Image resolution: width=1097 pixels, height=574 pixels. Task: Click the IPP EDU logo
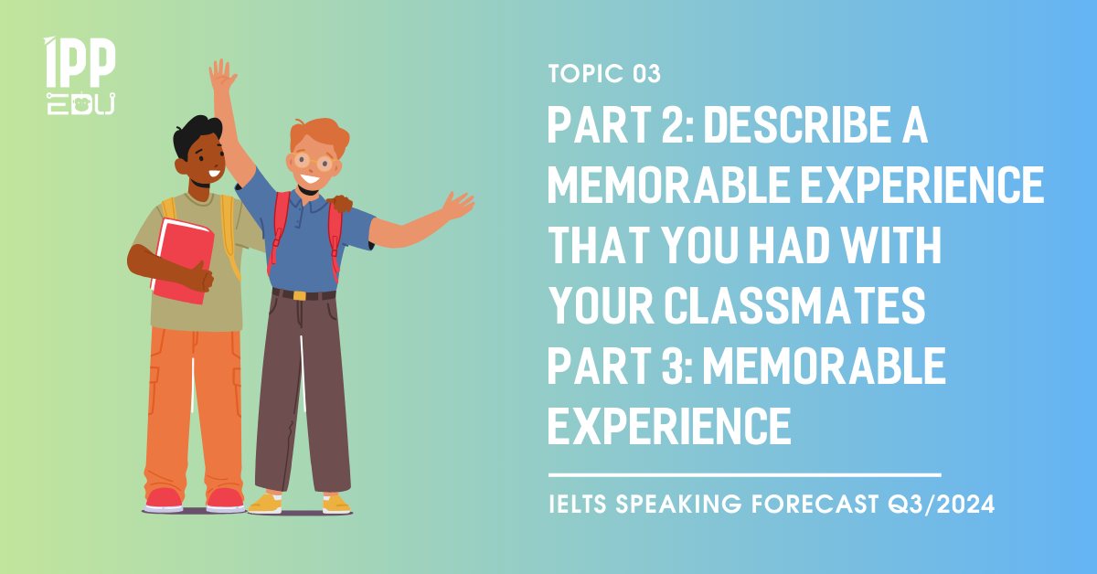pyautogui.click(x=80, y=76)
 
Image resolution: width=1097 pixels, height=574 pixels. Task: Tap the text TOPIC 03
pyautogui.click(x=604, y=74)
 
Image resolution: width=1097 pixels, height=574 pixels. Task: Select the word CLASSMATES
pyautogui.click(x=794, y=305)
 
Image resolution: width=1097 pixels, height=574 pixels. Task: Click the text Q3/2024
pyautogui.click(x=941, y=504)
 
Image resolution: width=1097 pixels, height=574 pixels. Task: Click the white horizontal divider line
pyautogui.click(x=744, y=474)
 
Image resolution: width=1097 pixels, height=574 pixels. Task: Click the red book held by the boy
pyautogui.click(x=182, y=261)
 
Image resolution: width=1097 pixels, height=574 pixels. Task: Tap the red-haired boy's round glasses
pyautogui.click(x=314, y=161)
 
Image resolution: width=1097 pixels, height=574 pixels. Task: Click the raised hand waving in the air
pyautogui.click(x=222, y=76)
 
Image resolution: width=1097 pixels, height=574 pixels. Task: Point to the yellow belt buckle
pyautogui.click(x=299, y=295)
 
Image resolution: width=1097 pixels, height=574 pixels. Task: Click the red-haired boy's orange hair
pyautogui.click(x=319, y=133)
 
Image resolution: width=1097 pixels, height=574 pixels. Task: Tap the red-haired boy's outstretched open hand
pyautogui.click(x=457, y=206)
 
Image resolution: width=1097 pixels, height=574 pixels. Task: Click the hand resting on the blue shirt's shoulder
pyautogui.click(x=339, y=203)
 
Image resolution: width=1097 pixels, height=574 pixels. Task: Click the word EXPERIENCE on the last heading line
pyautogui.click(x=669, y=426)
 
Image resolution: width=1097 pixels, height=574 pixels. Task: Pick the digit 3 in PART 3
pyautogui.click(x=674, y=366)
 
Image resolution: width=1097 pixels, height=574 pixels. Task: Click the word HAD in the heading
pyautogui.click(x=790, y=245)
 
